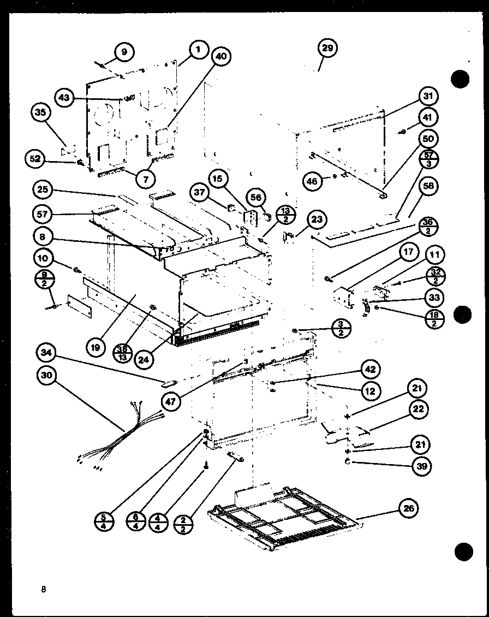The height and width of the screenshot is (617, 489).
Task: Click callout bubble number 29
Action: coord(326,49)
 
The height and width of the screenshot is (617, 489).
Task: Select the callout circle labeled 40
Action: coord(220,56)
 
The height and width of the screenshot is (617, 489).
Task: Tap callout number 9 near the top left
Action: coord(124,52)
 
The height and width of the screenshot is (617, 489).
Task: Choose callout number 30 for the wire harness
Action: coord(48,376)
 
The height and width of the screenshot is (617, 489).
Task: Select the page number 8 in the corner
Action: coord(43,589)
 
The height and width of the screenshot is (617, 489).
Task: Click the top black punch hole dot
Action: coord(460,80)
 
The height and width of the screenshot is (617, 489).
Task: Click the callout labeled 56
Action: coord(255,197)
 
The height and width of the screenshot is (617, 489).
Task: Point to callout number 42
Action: coord(371,369)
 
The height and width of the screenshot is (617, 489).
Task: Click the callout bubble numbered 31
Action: coord(428,96)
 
